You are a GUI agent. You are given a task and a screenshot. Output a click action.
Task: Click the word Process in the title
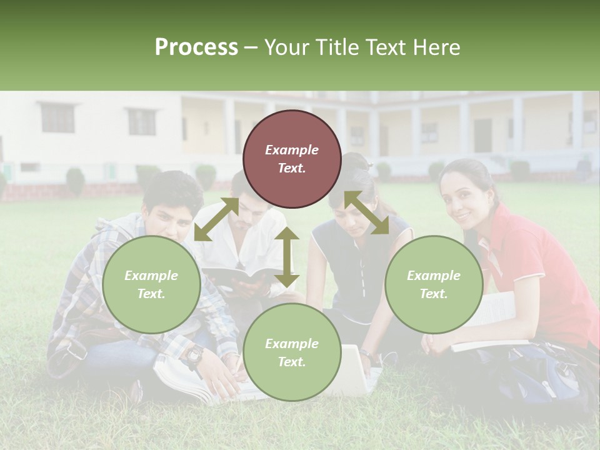196,47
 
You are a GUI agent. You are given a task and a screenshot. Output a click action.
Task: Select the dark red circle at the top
292,159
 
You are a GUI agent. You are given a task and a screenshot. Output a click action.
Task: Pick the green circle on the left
151,284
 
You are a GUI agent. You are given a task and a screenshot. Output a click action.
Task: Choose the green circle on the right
434,284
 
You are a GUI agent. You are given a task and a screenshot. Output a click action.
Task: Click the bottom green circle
292,352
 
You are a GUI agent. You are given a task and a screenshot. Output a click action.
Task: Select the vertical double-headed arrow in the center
287,257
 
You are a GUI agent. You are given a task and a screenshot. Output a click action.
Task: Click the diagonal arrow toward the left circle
216,219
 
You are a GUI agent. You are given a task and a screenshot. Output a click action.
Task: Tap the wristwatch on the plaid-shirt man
194,356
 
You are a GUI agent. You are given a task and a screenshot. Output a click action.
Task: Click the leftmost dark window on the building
57,118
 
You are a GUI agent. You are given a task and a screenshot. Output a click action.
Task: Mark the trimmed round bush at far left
76,181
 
